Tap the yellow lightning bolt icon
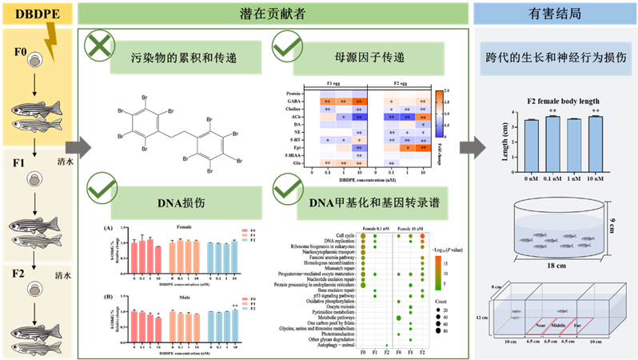(52, 39)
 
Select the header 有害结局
(554, 12)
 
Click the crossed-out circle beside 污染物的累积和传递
(99, 46)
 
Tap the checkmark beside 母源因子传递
(286, 46)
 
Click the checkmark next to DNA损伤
(99, 188)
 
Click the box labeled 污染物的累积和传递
(185, 58)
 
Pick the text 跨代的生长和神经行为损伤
(556, 58)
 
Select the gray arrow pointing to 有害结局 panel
(472, 147)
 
